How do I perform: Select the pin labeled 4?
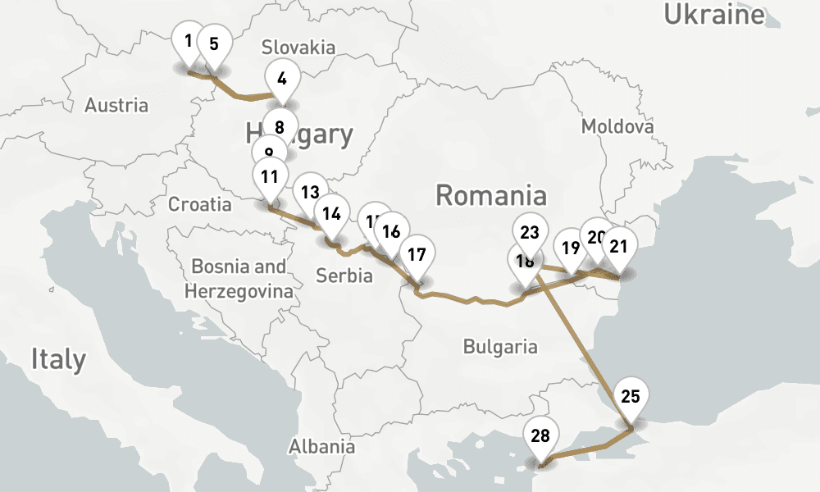tap(282, 80)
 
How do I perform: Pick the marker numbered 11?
tap(270, 175)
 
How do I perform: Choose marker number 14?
tap(331, 214)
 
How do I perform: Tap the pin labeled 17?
tap(417, 254)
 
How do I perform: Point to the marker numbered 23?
tap(530, 232)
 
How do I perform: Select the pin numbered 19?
tap(569, 246)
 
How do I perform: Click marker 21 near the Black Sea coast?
tap(619, 246)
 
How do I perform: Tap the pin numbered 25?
tap(630, 397)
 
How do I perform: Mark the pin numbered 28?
tap(540, 436)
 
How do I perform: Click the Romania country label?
tap(490, 195)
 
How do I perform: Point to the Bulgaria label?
tap(500, 346)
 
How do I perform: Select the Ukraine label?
tap(713, 14)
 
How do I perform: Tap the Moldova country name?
tap(617, 126)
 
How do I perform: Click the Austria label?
tap(116, 105)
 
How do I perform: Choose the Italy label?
tap(58, 359)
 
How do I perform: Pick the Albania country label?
tap(321, 446)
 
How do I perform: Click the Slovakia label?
tap(298, 47)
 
